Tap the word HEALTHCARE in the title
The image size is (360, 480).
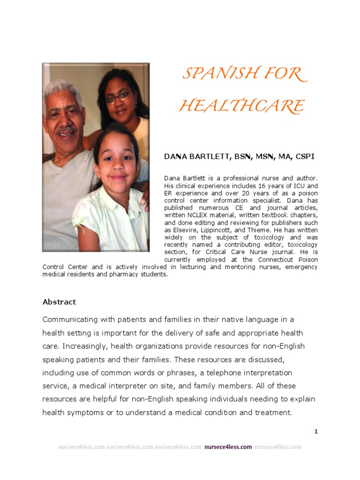(242, 106)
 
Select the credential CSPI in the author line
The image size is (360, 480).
(304, 157)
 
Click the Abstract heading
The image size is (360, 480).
(59, 302)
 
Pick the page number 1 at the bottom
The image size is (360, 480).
(316, 431)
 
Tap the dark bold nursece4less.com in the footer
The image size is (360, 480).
(228, 447)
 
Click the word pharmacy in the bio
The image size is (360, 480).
(124, 274)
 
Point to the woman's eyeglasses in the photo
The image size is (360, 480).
(118, 97)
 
